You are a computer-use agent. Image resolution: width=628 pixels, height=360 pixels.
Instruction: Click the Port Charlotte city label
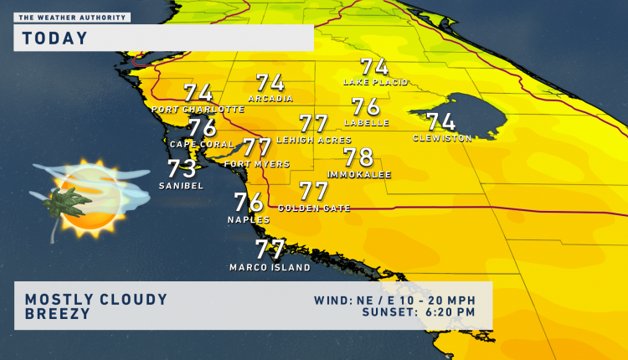point(198,110)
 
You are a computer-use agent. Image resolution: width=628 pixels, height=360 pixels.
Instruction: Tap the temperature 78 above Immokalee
point(358,157)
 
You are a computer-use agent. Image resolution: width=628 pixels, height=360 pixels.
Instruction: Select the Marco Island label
point(270,268)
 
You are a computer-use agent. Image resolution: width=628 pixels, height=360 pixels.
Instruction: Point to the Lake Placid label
point(375,82)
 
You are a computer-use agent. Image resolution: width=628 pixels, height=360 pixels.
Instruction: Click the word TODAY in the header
point(55,38)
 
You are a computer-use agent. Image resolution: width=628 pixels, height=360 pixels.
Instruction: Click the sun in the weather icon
point(87,198)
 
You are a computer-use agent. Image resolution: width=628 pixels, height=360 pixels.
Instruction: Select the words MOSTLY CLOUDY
point(96,299)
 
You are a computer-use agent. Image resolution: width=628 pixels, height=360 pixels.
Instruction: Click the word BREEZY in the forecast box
point(56,315)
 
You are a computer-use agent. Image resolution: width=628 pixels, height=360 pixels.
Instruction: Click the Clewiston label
point(442,138)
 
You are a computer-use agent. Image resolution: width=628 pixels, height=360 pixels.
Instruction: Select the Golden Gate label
point(314,208)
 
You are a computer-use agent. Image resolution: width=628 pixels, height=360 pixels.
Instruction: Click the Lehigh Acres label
point(313,140)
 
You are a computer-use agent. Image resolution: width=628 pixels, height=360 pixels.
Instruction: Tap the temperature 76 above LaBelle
point(366,107)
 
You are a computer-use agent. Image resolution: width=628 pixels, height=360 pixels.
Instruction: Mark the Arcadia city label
point(270,99)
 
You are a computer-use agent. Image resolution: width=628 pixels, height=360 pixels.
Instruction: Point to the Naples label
point(249,220)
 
